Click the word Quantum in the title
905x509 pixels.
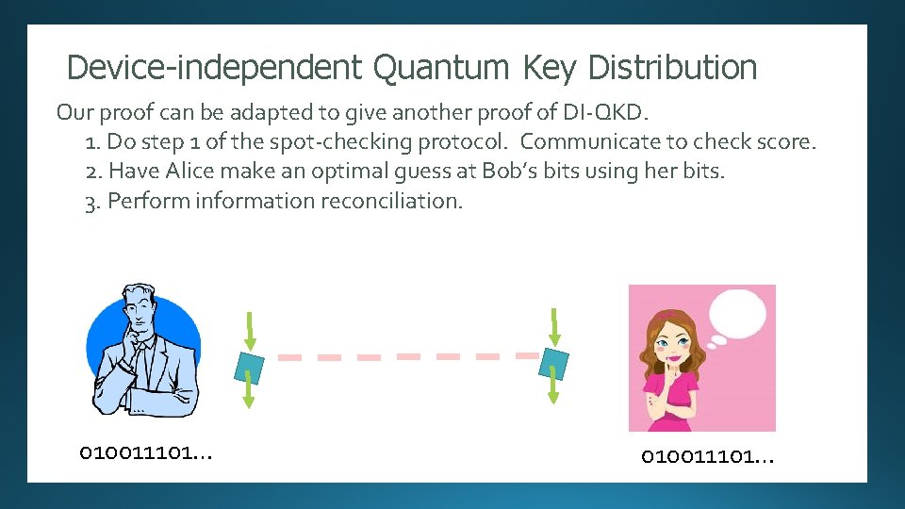[441, 68]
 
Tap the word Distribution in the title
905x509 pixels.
[671, 68]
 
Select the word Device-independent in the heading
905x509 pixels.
[214, 68]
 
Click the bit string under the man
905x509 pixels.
[146, 453]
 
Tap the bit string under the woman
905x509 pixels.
[707, 457]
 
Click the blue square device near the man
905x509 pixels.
[249, 364]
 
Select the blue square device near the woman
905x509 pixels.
[553, 362]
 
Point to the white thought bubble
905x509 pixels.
[741, 311]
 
